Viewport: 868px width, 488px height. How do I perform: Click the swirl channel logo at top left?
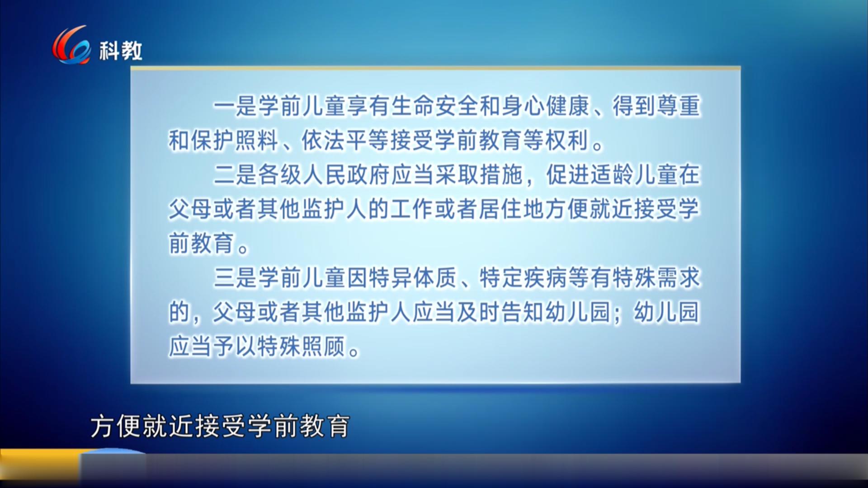(71, 45)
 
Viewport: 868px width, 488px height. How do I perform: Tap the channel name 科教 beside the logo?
(121, 51)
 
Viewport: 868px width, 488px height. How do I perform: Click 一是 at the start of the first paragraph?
(235, 106)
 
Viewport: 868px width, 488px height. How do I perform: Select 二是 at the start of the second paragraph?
(235, 175)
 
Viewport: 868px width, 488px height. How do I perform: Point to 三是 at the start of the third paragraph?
(235, 278)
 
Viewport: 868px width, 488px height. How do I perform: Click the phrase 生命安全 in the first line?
(434, 106)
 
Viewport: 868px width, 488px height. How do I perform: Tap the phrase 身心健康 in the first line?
(545, 106)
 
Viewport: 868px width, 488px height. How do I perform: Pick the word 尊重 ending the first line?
(678, 106)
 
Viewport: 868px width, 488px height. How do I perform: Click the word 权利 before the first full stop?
(567, 141)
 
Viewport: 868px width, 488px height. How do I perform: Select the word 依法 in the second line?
(324, 141)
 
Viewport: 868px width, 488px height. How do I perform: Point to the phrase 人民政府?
(346, 175)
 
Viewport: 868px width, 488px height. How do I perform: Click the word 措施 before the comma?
(501, 175)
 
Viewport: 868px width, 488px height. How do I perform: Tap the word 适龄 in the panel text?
(612, 175)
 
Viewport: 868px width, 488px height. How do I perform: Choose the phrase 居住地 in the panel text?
(512, 209)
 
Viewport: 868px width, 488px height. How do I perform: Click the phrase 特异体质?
(412, 278)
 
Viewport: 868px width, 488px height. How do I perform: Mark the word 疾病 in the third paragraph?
(545, 278)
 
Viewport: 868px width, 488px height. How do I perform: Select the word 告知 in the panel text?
(523, 312)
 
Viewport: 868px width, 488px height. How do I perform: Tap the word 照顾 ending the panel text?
(324, 347)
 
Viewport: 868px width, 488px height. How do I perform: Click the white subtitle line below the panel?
(220, 426)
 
